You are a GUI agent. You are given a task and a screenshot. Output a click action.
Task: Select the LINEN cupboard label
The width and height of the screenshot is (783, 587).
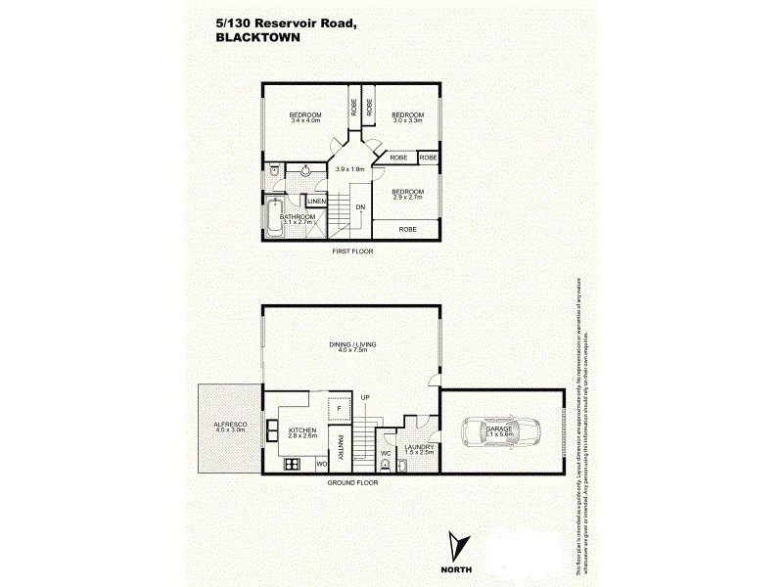coord(316,202)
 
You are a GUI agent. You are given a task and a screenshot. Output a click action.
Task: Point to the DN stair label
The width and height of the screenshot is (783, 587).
coord(360,206)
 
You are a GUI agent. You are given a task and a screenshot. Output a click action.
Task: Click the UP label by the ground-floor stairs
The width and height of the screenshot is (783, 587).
coord(364,396)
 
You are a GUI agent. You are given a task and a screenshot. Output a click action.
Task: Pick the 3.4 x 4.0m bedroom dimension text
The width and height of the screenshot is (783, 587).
coord(305,121)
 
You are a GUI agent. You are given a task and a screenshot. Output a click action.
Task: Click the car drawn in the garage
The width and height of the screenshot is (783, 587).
coord(501,432)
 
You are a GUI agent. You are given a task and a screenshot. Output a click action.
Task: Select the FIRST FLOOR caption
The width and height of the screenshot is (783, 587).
coord(352,251)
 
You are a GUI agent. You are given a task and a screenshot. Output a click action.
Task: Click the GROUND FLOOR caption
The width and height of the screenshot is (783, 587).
coord(352,483)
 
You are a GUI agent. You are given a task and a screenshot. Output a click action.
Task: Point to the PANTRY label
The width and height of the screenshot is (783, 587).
coord(341,445)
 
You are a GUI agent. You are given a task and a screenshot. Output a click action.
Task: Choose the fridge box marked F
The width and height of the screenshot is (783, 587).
coord(339,406)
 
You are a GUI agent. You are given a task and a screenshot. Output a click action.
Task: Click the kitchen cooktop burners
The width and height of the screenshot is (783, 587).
coord(291,465)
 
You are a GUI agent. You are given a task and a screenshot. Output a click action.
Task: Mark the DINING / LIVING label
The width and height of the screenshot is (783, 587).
coord(352,344)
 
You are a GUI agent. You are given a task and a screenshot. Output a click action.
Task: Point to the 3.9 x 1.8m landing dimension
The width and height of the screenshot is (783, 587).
coord(349,169)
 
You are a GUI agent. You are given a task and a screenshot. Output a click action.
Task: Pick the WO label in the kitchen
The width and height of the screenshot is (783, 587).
coord(320,464)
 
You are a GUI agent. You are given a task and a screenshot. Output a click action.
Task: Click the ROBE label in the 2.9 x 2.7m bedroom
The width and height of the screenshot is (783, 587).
coord(407,229)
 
